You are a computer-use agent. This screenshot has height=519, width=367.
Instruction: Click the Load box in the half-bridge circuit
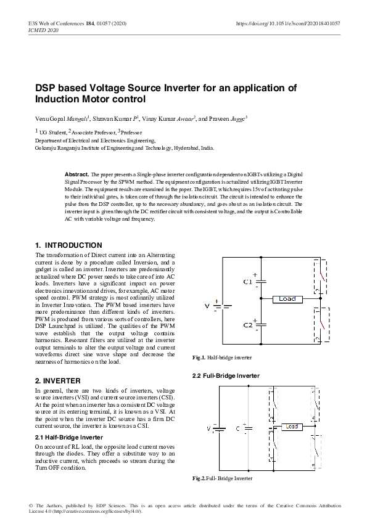(x=287, y=299)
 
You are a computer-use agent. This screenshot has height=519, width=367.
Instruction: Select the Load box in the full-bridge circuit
(x=291, y=427)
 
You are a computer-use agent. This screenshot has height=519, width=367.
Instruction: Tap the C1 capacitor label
(x=248, y=282)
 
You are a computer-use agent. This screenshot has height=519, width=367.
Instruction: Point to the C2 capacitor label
(x=248, y=324)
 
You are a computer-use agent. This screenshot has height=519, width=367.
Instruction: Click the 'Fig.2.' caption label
(x=199, y=478)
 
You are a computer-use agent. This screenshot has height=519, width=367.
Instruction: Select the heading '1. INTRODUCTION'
(x=68, y=245)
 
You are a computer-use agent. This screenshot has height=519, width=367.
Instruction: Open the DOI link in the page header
(x=288, y=23)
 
